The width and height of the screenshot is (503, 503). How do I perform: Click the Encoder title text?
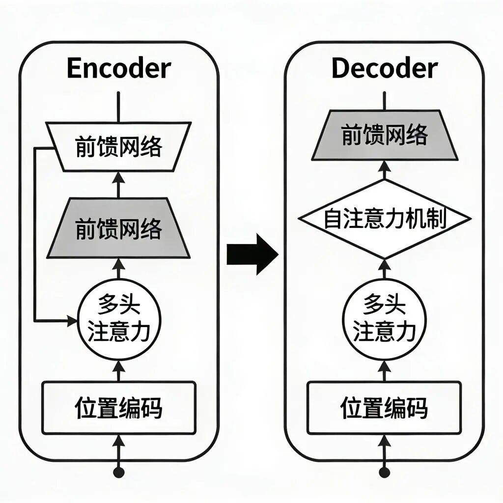[x=118, y=69]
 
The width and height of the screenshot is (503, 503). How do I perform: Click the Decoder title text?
[x=384, y=69]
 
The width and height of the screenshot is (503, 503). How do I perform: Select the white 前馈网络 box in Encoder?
[x=118, y=146]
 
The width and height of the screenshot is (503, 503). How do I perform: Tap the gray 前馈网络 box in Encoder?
[x=118, y=228]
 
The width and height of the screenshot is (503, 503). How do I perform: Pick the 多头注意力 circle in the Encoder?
[x=118, y=319]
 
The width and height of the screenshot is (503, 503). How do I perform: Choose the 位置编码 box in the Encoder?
[x=118, y=408]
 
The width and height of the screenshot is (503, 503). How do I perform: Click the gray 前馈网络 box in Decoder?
[x=384, y=135]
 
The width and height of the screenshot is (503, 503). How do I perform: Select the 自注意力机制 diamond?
[x=384, y=219]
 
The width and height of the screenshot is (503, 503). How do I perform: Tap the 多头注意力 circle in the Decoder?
[x=384, y=319]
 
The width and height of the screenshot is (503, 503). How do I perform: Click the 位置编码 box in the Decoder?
[x=384, y=408]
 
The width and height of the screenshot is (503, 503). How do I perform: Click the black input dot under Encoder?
[x=118, y=473]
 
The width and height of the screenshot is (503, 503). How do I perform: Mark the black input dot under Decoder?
[x=384, y=473]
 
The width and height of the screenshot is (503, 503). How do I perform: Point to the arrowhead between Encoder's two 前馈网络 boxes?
[x=118, y=177]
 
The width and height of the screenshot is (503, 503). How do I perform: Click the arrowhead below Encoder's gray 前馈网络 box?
[x=118, y=264]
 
